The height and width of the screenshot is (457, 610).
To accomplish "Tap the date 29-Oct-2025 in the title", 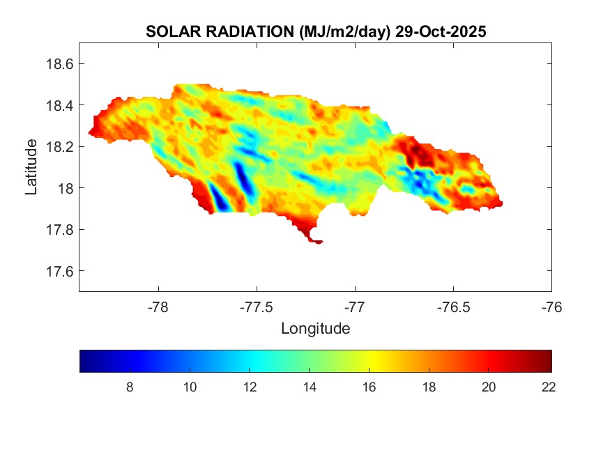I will tap(441, 31).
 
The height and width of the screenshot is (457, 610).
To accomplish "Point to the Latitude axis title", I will tap(31, 166).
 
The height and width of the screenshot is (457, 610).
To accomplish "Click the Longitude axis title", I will tap(315, 328).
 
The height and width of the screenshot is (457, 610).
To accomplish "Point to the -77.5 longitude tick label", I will tap(257, 307).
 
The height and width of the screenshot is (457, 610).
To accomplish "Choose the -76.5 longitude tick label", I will tap(453, 307).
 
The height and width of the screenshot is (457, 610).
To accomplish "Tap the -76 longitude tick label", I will tap(551, 307).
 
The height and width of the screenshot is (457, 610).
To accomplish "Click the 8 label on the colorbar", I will tap(130, 387).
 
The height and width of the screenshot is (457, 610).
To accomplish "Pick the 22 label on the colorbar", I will tap(548, 387).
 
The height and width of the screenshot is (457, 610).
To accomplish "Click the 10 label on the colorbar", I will tap(189, 387).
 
